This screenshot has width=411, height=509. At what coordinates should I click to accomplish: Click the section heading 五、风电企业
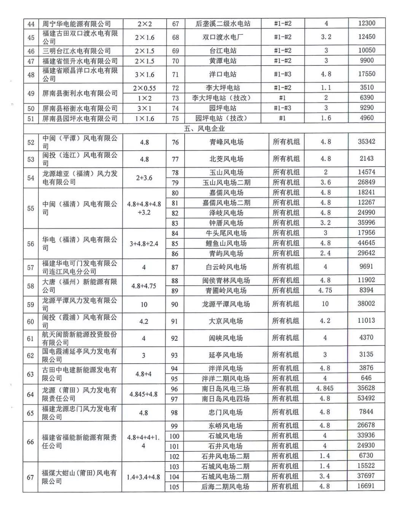tap(204, 129)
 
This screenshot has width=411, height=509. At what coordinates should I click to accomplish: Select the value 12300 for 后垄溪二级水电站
tap(366, 23)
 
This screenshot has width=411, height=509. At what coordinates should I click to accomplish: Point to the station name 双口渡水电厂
tap(223, 37)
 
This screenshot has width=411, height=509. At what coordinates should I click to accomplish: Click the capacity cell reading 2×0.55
tap(145, 88)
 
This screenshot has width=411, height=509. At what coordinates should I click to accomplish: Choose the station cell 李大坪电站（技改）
tap(221, 98)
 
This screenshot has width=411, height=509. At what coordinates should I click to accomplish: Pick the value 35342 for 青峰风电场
tap(366, 142)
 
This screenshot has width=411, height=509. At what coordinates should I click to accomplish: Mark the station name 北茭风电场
tap(226, 159)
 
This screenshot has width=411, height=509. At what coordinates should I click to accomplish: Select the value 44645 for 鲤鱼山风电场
tap(366, 243)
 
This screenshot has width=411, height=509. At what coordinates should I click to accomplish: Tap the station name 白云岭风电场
tap(226, 267)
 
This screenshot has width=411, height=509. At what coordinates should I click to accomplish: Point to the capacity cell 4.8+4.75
tap(144, 286)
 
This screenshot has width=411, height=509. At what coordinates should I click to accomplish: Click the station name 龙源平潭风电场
tap(226, 304)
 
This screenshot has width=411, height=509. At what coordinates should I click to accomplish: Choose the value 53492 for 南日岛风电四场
tap(366, 398)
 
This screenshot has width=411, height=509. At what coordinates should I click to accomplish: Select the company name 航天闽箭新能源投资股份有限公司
tap(79, 338)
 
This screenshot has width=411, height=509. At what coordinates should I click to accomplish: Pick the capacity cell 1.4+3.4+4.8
tap(143, 477)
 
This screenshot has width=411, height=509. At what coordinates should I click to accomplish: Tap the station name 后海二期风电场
tap(225, 487)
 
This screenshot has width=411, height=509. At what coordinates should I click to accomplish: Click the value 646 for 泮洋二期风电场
tap(366, 378)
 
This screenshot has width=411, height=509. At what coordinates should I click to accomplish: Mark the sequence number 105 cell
tap(174, 487)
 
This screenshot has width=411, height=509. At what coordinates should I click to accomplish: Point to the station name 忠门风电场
tap(226, 412)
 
